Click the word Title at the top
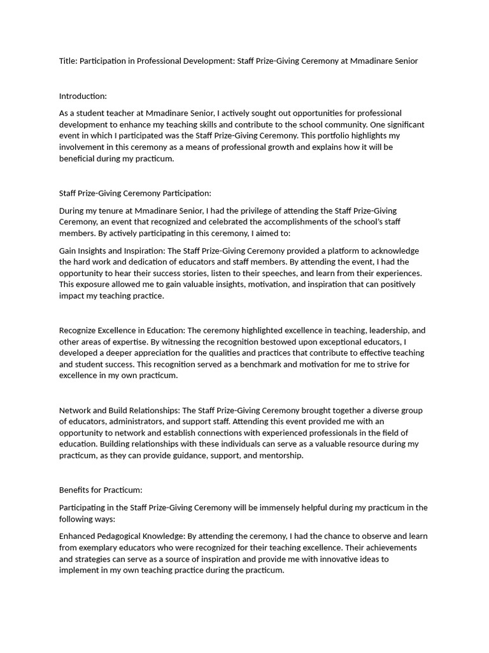tap(68, 61)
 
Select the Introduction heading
tap(83, 96)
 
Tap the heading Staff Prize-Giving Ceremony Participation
tap(134, 193)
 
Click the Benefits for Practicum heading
tap(101, 490)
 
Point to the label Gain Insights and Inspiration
tap(111, 251)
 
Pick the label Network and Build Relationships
tap(119, 410)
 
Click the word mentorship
tap(281, 455)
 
